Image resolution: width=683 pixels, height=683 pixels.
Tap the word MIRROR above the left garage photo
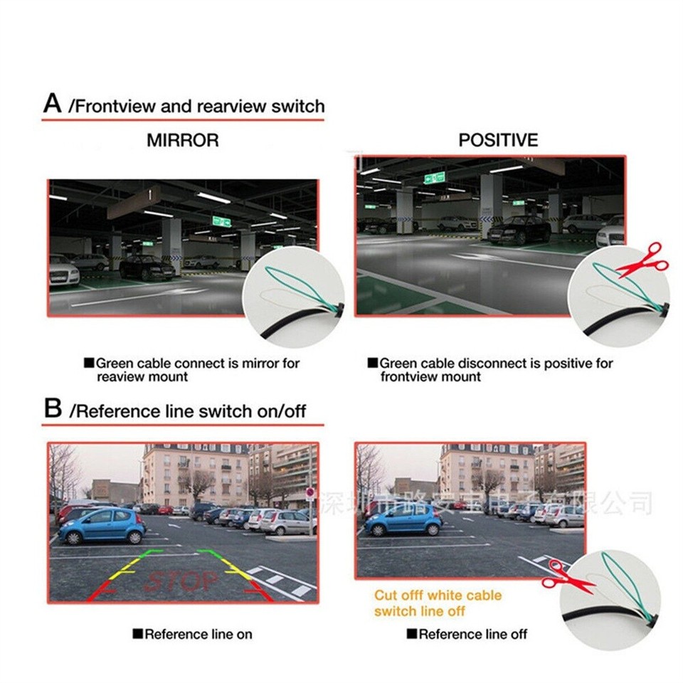click(x=182, y=140)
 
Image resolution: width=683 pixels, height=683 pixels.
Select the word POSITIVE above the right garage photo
click(x=498, y=140)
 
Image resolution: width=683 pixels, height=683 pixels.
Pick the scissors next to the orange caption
click(x=566, y=576)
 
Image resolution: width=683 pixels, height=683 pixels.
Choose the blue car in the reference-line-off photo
click(x=403, y=519)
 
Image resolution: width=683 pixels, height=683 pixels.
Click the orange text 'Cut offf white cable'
click(x=438, y=595)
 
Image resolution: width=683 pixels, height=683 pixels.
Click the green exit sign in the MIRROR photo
click(x=221, y=221)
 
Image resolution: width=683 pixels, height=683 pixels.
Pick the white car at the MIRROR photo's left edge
click(x=63, y=270)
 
